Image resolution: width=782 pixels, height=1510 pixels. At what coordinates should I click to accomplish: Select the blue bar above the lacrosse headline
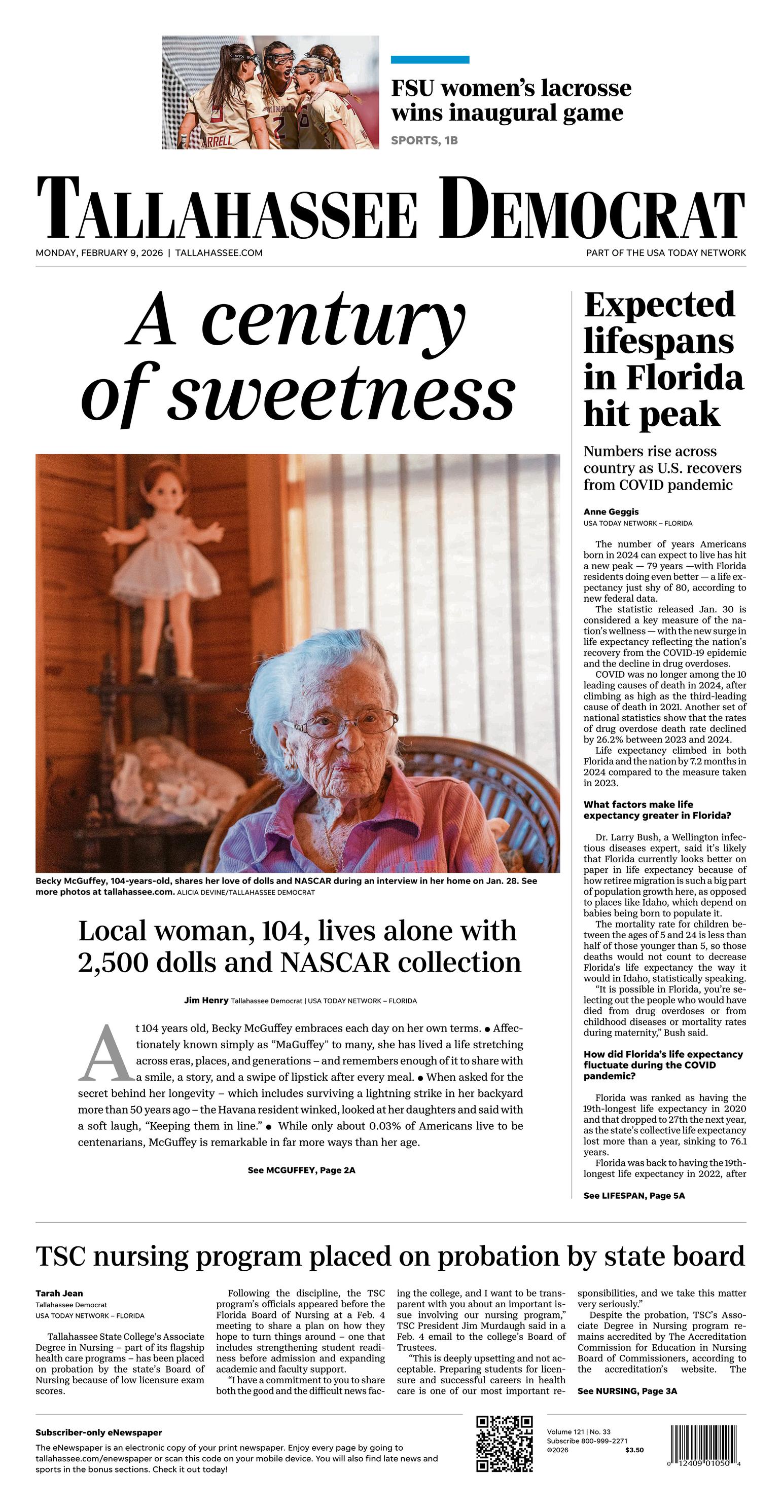430,60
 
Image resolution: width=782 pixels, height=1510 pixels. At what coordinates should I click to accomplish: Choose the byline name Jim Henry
206,1001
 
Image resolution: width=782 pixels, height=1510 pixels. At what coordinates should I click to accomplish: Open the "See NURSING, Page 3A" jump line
626,1391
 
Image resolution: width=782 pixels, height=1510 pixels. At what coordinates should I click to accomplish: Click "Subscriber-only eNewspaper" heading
98,1432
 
